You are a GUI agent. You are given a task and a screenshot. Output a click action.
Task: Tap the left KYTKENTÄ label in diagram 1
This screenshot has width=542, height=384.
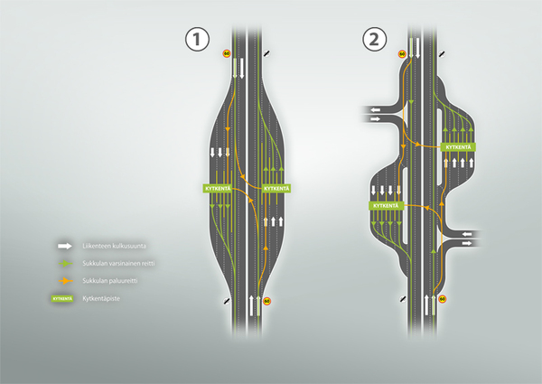pyautogui.click(x=218, y=187)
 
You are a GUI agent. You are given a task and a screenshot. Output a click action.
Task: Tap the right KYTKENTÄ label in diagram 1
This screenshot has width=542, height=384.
pyautogui.click(x=276, y=187)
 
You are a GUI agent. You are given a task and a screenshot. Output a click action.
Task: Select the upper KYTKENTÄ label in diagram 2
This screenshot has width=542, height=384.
pyautogui.click(x=460, y=146)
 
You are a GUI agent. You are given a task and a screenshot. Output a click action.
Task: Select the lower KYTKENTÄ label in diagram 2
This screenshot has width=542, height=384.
pyautogui.click(x=386, y=206)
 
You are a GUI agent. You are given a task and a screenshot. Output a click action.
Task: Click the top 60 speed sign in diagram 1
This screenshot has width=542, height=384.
pyautogui.click(x=226, y=55)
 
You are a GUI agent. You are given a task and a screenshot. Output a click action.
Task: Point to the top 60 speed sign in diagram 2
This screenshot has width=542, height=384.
pyautogui.click(x=401, y=55)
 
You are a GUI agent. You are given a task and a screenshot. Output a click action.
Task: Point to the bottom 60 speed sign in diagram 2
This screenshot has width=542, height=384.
pyautogui.click(x=442, y=297)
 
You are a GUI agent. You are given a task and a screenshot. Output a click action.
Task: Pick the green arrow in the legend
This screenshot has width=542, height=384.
pyautogui.click(x=63, y=263)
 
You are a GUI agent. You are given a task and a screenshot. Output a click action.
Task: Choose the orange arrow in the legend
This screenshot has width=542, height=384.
pyautogui.click(x=63, y=279)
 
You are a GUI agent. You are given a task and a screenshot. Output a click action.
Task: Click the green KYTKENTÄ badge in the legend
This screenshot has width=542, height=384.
pyautogui.click(x=62, y=296)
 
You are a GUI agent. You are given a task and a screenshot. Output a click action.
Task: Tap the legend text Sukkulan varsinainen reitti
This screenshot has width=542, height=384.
pyautogui.click(x=118, y=263)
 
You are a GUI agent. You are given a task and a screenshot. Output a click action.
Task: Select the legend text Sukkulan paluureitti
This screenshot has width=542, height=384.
pyautogui.click(x=110, y=279)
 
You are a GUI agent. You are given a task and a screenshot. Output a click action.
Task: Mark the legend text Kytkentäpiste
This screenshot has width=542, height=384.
pyautogui.click(x=101, y=296)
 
